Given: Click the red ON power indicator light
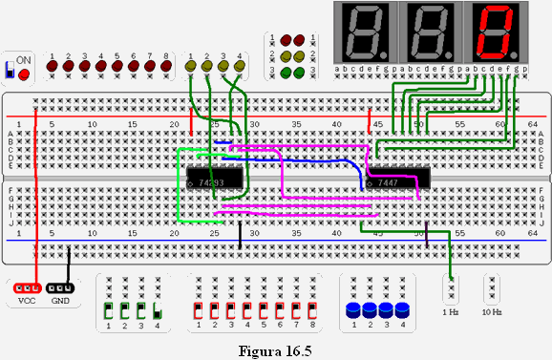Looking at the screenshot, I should click(x=23, y=74).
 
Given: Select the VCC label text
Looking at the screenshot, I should click(x=26, y=301).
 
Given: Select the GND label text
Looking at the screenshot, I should click(x=60, y=301).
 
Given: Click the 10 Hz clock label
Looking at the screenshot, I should click(x=493, y=312).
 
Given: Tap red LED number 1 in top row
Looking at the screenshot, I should click(x=53, y=67).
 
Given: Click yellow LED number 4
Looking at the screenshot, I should click(x=240, y=67).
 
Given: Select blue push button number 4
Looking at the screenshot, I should click(x=402, y=310).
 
